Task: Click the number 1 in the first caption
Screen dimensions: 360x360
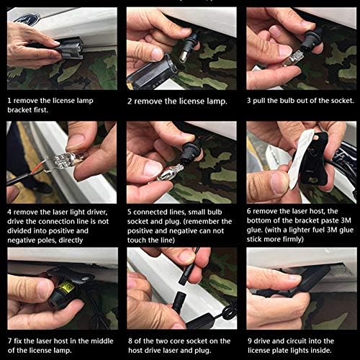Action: click(x=9, y=100)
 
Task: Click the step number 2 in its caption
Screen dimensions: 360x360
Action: click(x=130, y=102)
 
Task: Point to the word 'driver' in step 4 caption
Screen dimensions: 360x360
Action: click(x=96, y=212)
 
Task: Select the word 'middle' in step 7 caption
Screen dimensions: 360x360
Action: click(x=102, y=341)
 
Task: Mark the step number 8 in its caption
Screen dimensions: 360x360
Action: click(x=130, y=341)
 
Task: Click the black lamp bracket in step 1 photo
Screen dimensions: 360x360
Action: click(x=68, y=49)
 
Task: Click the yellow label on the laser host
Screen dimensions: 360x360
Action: click(x=67, y=286)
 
